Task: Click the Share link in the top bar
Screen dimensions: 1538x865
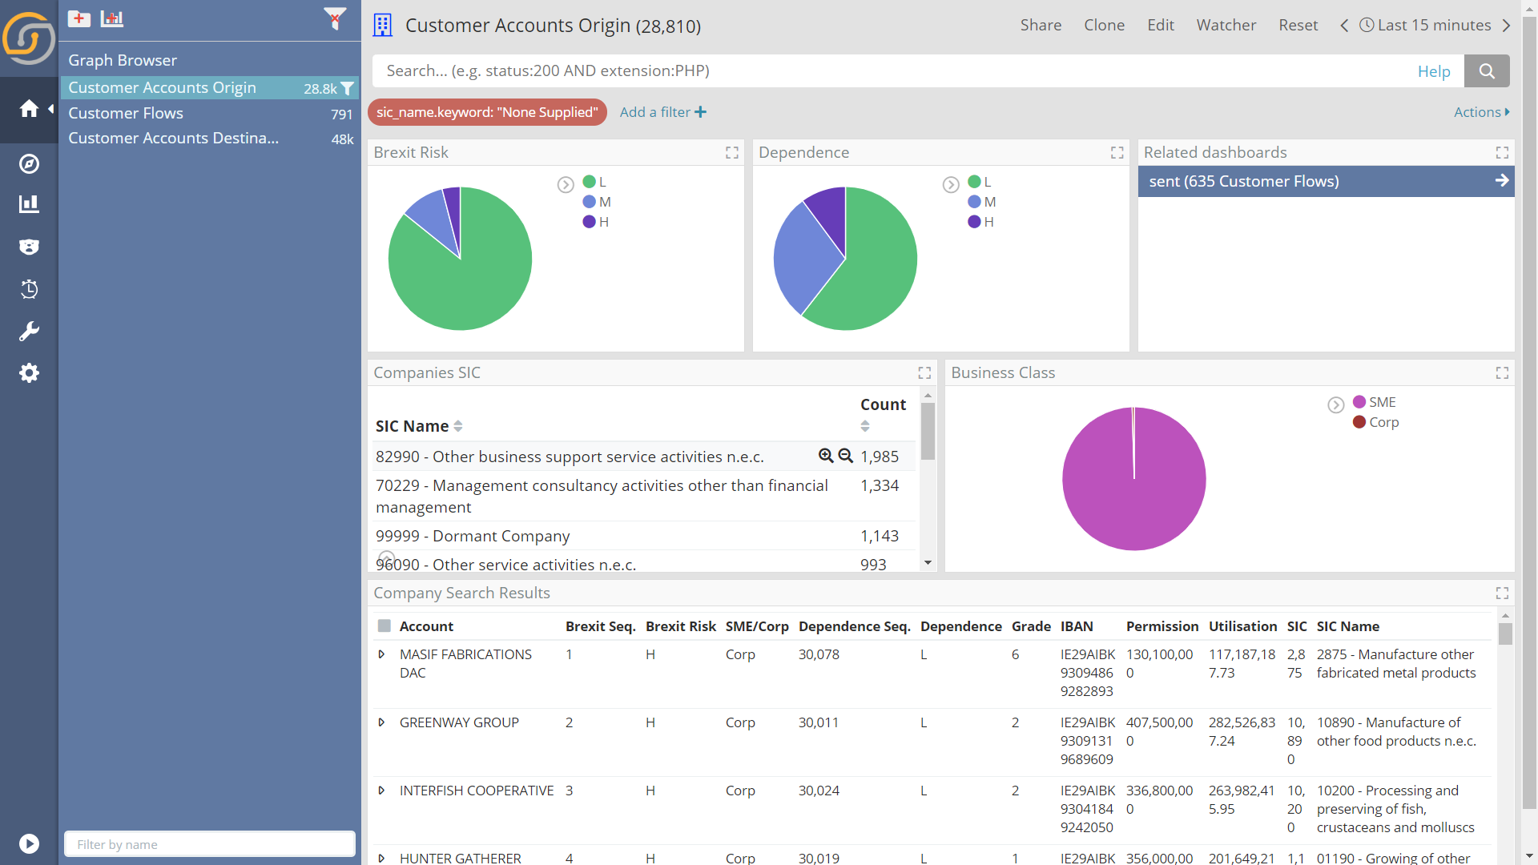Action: (x=1041, y=25)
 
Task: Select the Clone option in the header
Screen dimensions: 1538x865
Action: (x=1104, y=25)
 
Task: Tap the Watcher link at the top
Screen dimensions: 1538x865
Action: (x=1226, y=25)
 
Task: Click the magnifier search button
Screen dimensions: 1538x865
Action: (x=1487, y=71)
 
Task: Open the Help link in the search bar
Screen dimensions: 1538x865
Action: (x=1434, y=71)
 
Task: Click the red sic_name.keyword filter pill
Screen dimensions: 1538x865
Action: (x=487, y=112)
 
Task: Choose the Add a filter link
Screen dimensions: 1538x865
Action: (x=663, y=112)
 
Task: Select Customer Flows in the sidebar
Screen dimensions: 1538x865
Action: (x=126, y=113)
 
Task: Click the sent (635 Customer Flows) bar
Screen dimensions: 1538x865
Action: (x=1326, y=181)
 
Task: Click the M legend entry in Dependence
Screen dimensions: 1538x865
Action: (x=982, y=202)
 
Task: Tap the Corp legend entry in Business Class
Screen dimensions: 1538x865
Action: (x=1375, y=422)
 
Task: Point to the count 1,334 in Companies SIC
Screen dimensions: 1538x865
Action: (x=880, y=485)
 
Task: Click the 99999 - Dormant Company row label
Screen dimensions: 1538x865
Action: (x=473, y=536)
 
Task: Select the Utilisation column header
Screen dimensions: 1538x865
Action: (x=1242, y=626)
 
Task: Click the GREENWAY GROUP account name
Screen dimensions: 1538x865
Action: (x=459, y=722)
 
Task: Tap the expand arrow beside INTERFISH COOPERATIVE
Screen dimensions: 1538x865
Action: (x=381, y=791)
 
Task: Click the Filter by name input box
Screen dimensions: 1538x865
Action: (x=210, y=844)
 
